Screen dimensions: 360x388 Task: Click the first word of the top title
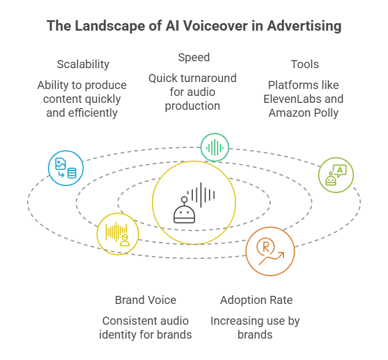(x=57, y=27)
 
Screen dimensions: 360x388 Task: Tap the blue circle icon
(x=66, y=169)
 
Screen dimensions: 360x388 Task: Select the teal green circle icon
(x=215, y=147)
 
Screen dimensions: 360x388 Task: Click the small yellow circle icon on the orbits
(x=118, y=233)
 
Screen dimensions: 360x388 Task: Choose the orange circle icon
(x=270, y=251)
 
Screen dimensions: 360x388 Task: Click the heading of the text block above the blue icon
(x=82, y=64)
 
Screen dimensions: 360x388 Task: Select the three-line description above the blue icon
(x=82, y=99)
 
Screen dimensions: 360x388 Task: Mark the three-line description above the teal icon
(x=193, y=91)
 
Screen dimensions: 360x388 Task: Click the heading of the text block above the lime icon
(x=304, y=64)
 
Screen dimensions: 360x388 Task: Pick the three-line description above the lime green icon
(x=304, y=99)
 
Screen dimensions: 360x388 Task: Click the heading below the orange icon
(x=256, y=300)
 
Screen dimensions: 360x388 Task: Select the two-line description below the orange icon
(x=254, y=327)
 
